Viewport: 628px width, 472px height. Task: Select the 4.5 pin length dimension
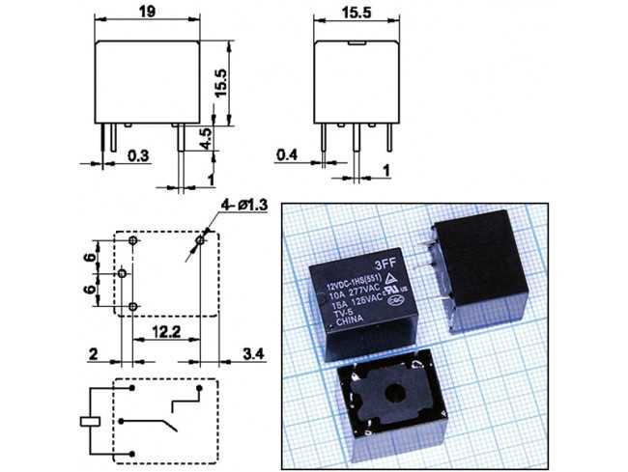[207, 136]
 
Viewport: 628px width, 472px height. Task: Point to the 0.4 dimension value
[287, 154]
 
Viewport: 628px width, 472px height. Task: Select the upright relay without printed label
[479, 272]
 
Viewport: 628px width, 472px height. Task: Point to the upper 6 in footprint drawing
[88, 259]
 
